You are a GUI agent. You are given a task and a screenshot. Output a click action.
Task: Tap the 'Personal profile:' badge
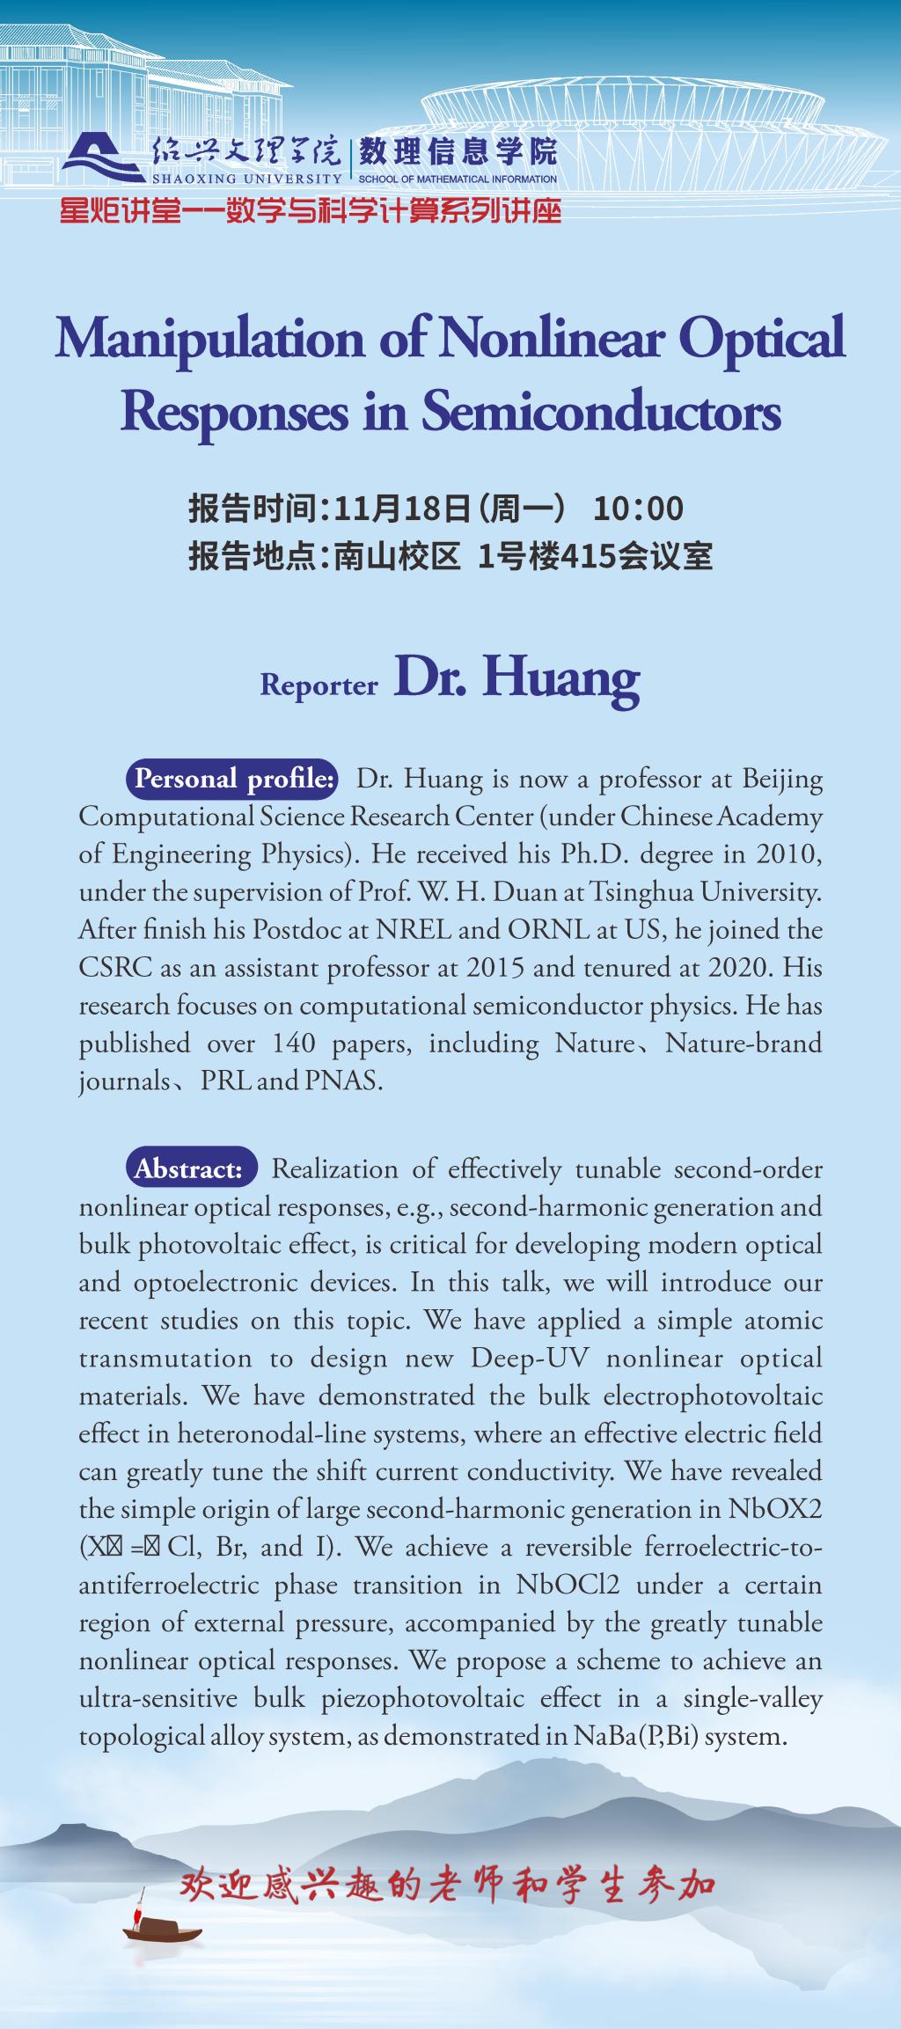[x=234, y=779]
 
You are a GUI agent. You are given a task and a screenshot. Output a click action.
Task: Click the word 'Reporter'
[x=319, y=685]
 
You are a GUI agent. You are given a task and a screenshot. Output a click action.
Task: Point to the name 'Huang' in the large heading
[x=560, y=678]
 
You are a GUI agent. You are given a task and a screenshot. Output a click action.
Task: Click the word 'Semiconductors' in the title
[x=602, y=412]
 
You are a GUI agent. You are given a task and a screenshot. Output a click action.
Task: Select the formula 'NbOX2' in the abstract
[x=775, y=1509]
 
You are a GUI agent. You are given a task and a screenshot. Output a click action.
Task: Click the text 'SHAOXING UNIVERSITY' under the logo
[x=247, y=179]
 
